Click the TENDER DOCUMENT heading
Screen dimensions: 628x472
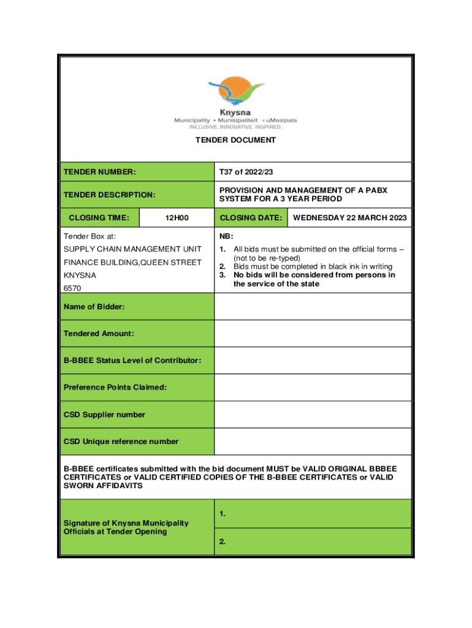tap(236, 140)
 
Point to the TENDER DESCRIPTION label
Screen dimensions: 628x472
tap(110, 195)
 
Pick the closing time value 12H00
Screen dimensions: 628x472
tap(177, 218)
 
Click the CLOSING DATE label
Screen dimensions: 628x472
tap(251, 218)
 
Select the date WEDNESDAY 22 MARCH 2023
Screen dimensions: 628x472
tap(350, 218)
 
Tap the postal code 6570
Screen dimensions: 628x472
tap(72, 288)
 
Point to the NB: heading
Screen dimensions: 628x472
tap(226, 236)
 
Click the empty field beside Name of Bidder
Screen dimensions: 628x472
tap(313, 306)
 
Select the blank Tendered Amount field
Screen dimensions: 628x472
tap(313, 333)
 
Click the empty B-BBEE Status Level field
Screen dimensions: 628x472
tap(313, 360)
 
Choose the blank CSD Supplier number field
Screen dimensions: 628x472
tap(313, 414)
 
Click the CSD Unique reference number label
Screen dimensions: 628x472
tap(121, 441)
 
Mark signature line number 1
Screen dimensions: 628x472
tap(313, 514)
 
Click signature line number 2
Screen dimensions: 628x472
tap(313, 542)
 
